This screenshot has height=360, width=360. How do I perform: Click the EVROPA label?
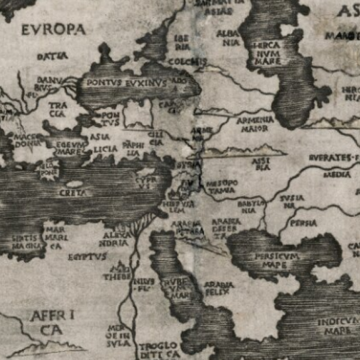click(x=53, y=29)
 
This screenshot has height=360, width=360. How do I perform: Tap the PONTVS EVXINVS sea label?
click(x=126, y=83)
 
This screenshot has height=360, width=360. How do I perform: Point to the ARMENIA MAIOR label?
click(x=255, y=123)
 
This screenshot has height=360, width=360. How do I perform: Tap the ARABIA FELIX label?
click(x=219, y=288)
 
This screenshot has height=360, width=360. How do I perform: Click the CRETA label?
click(x=76, y=192)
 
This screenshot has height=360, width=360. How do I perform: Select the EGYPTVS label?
click(x=87, y=257)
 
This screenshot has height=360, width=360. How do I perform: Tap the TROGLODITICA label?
click(x=158, y=350)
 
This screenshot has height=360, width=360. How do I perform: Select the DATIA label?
click(x=52, y=57)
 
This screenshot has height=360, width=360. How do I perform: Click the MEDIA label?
click(x=337, y=174)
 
